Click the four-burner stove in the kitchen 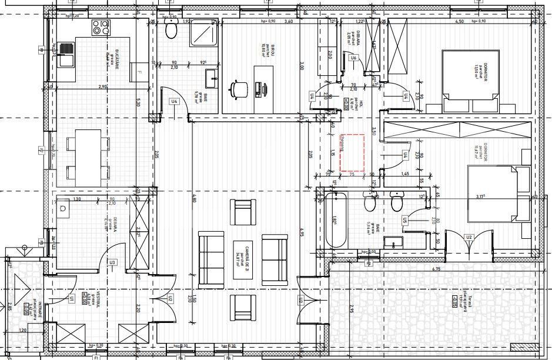pos(101,27)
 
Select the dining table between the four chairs pos(88,156)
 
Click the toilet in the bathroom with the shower pos(172,31)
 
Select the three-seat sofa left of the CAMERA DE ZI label pos(211,256)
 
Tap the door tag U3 pos(112,262)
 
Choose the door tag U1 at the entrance pos(72,299)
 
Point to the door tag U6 pos(353,58)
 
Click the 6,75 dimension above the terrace pos(436,269)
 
